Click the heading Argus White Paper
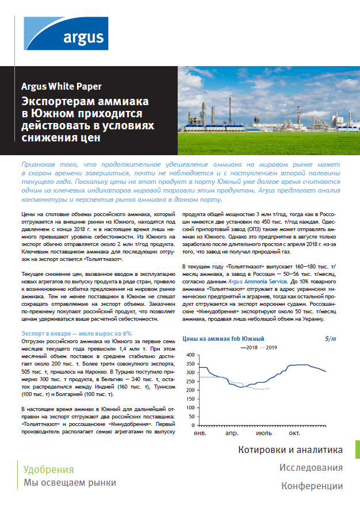pos(62,87)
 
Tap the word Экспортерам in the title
pos(60,102)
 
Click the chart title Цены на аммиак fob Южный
pos(223,339)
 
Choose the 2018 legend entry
pos(248,348)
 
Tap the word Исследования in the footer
pos(311,468)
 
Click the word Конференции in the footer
pos(312,486)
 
